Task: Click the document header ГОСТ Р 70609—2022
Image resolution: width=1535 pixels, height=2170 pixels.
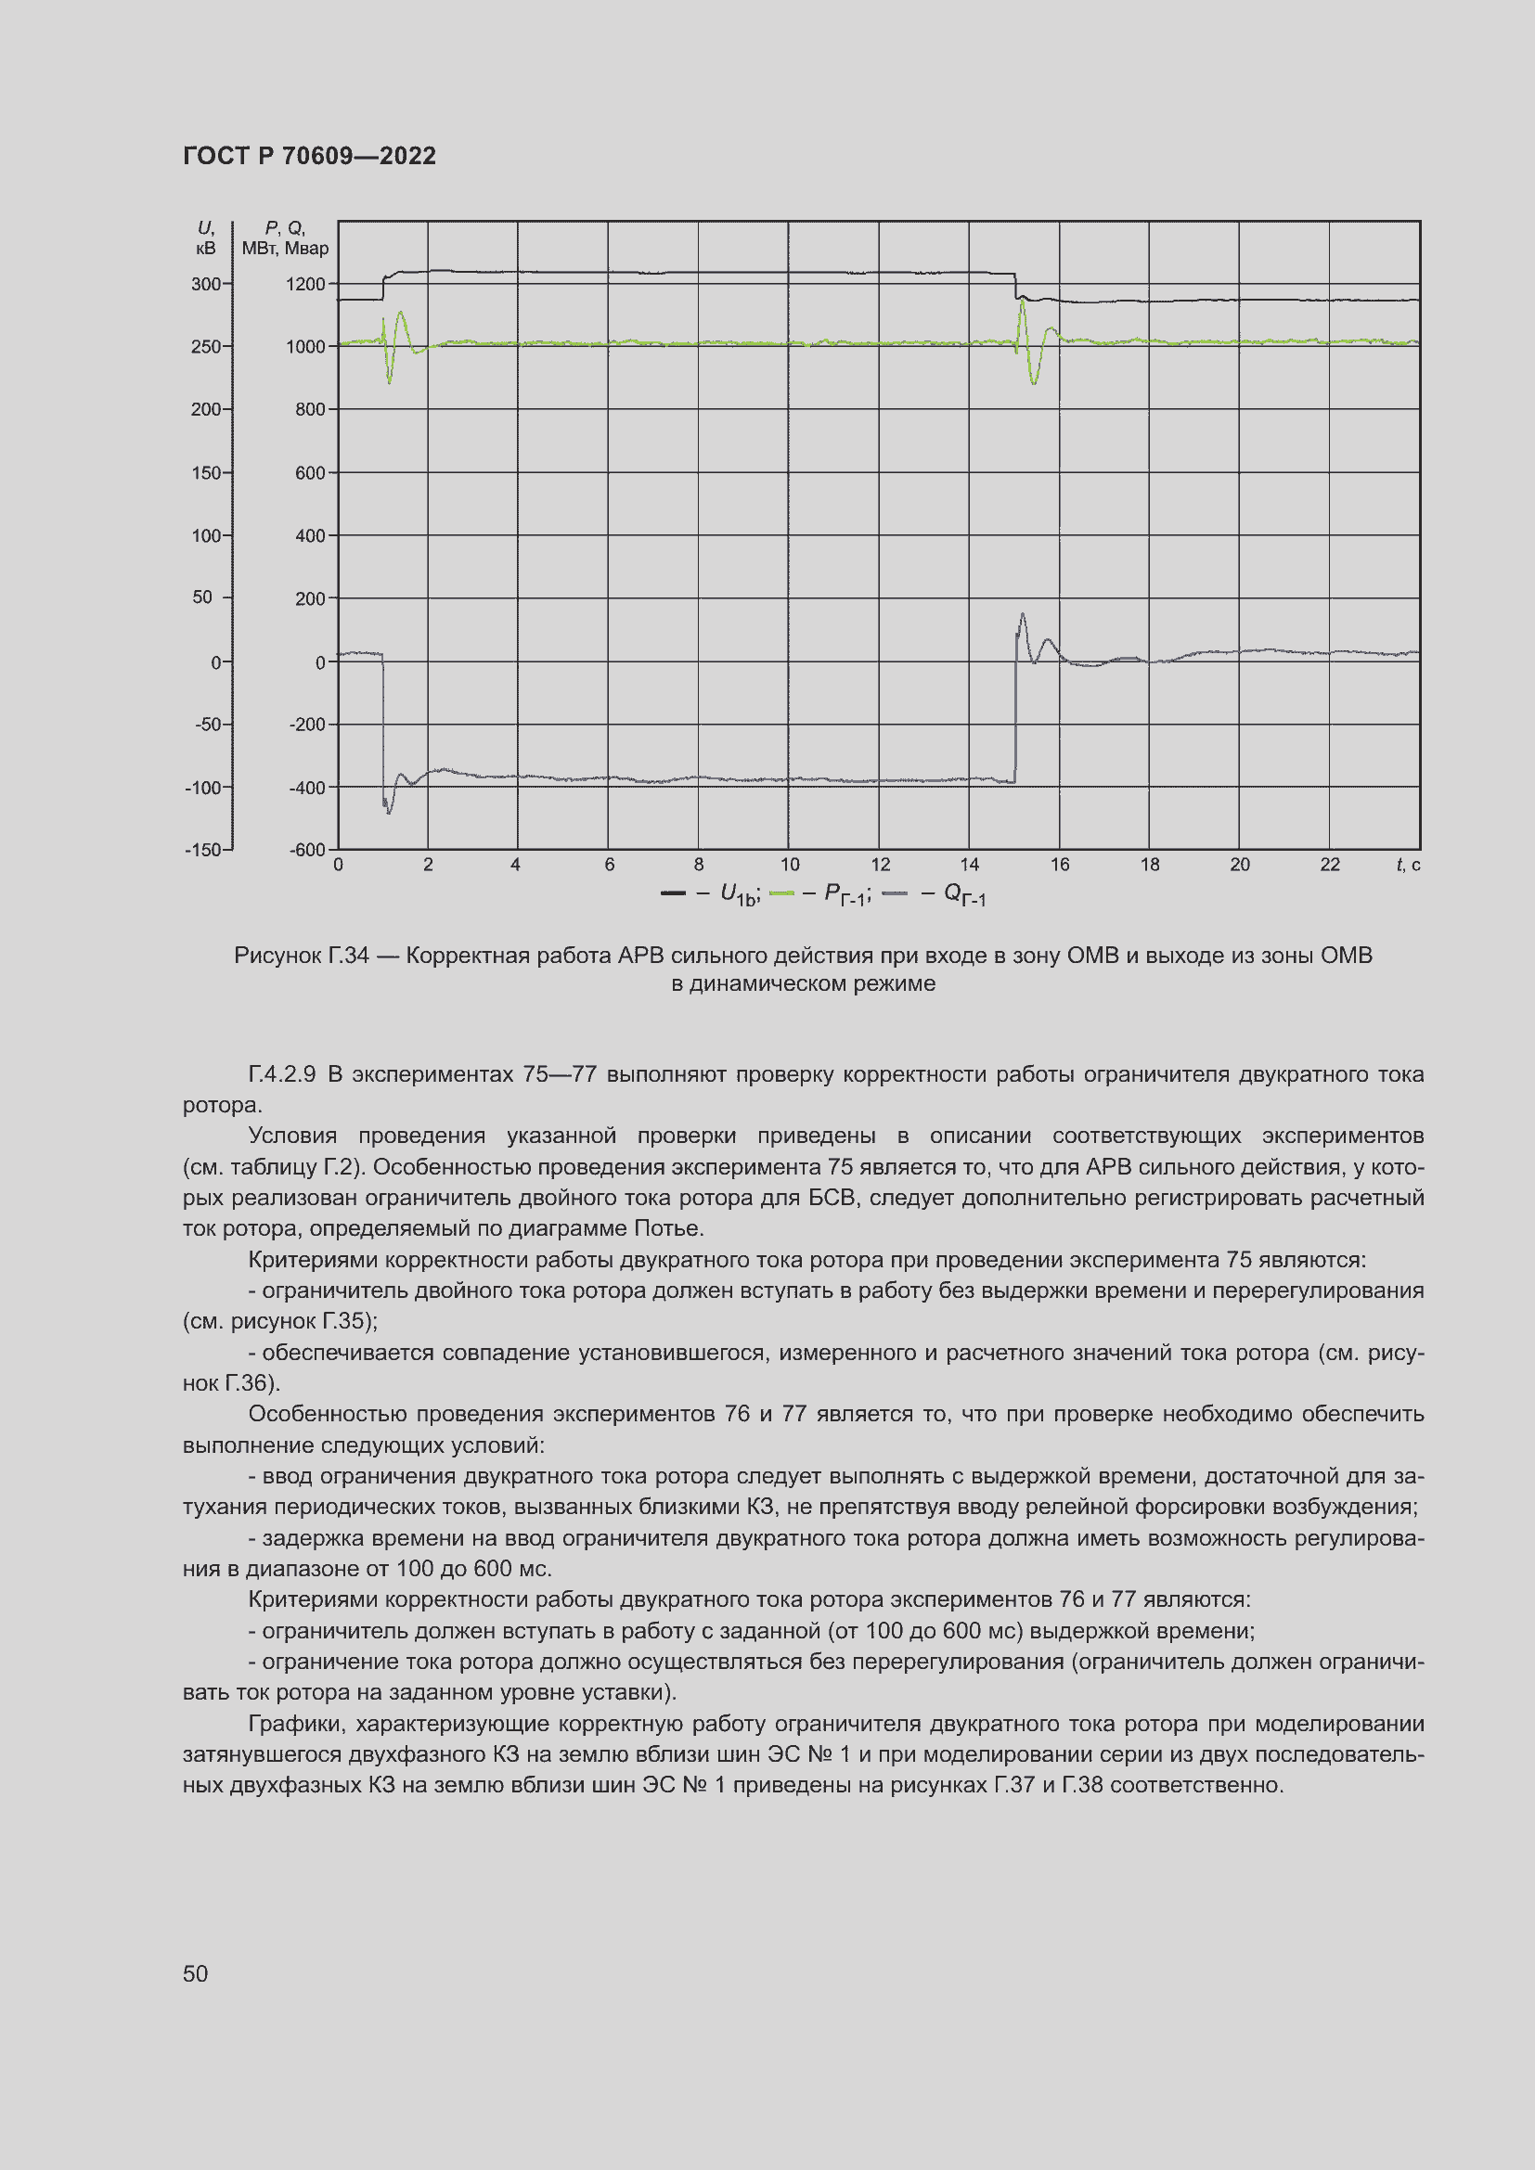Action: pyautogui.click(x=309, y=156)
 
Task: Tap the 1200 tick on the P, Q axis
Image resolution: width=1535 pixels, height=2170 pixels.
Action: pyautogui.click(x=305, y=285)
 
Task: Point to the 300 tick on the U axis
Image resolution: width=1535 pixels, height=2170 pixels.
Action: pyautogui.click(x=205, y=285)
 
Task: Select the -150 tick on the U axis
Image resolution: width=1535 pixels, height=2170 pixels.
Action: pyautogui.click(x=202, y=850)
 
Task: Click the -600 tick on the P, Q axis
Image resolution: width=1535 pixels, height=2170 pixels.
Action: pyautogui.click(x=306, y=850)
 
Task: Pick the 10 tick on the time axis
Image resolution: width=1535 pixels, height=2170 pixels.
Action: pyautogui.click(x=789, y=865)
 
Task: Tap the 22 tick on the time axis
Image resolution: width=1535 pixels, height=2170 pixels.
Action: pyautogui.click(x=1330, y=865)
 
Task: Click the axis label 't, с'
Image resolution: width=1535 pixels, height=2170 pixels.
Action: pyautogui.click(x=1408, y=865)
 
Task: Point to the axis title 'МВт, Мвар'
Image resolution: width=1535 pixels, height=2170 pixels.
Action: pyautogui.click(x=286, y=249)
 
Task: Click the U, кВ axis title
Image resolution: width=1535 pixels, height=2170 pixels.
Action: pyautogui.click(x=205, y=238)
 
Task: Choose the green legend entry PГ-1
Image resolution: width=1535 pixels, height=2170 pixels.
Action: pyautogui.click(x=819, y=894)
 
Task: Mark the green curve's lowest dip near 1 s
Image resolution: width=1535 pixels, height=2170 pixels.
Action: pyautogui.click(x=390, y=381)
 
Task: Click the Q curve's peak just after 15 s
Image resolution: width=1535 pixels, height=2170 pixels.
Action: pyautogui.click(x=1022, y=615)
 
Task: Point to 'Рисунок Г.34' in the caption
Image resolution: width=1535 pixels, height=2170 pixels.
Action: pyautogui.click(x=301, y=956)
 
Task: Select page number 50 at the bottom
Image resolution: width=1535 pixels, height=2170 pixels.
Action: pyautogui.click(x=195, y=1974)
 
